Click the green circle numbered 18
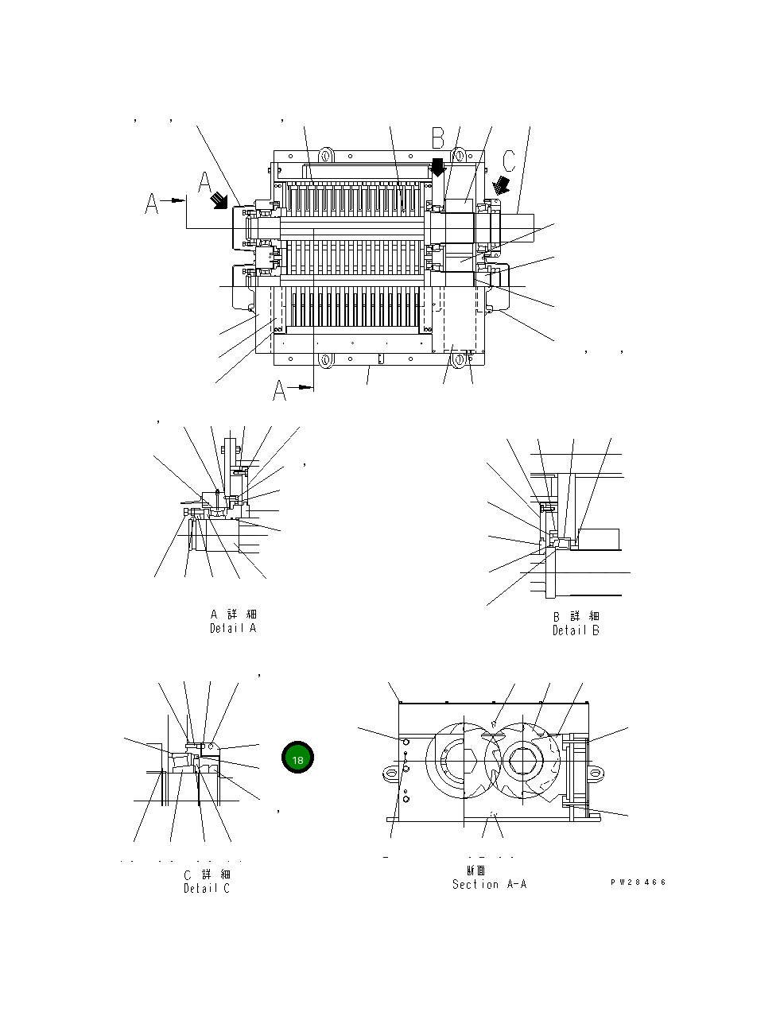297,759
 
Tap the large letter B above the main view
438,138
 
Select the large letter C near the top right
509,160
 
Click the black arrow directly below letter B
437,168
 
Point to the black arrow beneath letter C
502,185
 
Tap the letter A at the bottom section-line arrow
280,390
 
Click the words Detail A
233,628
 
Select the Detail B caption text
576,630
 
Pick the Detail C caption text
207,888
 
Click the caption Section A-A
489,884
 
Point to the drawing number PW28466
638,882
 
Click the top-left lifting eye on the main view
324,153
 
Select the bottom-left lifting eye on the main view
324,360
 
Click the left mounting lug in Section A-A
389,771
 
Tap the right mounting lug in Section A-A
597,771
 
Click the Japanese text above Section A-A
475,870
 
